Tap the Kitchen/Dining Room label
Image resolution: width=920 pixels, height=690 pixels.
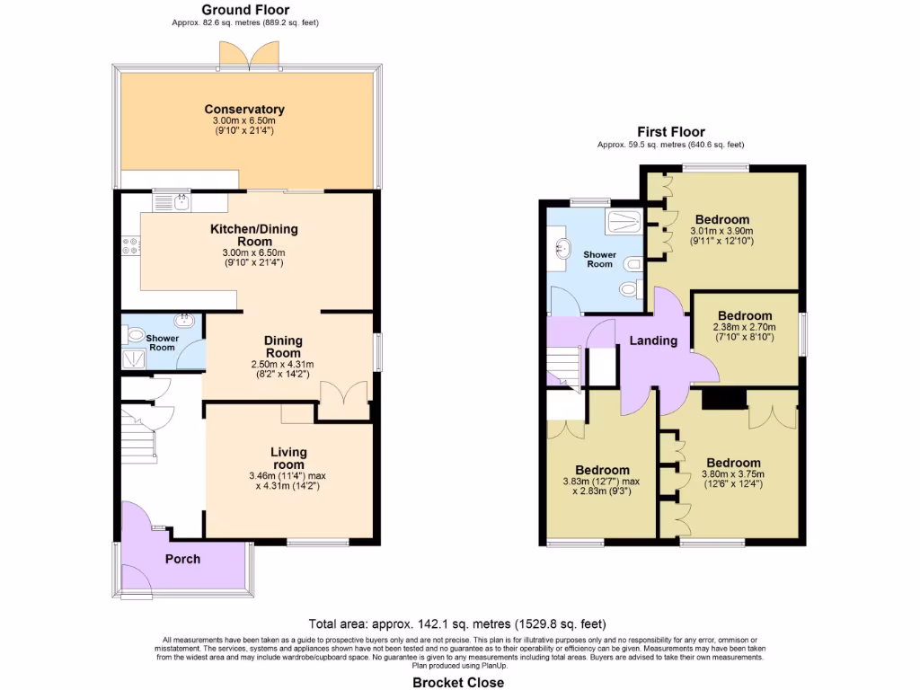click(x=253, y=235)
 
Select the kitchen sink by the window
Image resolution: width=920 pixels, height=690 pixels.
click(x=170, y=202)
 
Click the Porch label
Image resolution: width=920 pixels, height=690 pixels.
click(x=182, y=559)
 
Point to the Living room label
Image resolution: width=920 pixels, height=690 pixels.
click(x=288, y=457)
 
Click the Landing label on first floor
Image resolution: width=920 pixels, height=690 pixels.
click(x=653, y=341)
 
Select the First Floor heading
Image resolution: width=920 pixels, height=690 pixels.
click(x=671, y=131)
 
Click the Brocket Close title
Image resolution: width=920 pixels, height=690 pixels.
click(x=458, y=682)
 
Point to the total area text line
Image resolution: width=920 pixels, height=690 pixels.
click(x=457, y=624)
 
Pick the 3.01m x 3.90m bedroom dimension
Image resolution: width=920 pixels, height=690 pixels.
click(x=721, y=235)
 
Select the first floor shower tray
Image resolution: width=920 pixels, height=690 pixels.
click(x=622, y=221)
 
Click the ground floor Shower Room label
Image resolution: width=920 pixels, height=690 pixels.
click(x=163, y=342)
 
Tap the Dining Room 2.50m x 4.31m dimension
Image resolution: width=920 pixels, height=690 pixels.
click(x=282, y=368)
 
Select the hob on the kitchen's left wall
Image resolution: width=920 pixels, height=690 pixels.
click(x=131, y=244)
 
